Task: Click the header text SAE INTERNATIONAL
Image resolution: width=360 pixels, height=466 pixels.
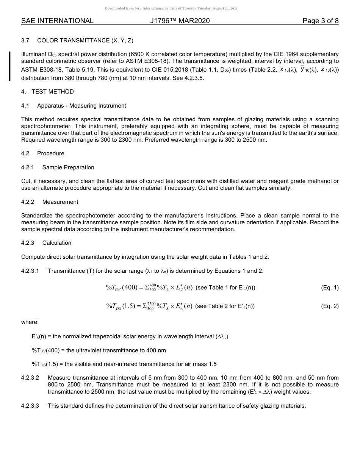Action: [x=57, y=21]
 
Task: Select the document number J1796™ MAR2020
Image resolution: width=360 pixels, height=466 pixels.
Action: [x=180, y=21]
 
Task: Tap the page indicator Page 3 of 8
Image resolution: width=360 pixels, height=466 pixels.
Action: [x=320, y=21]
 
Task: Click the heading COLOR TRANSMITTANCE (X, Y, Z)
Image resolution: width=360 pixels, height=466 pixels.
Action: [x=85, y=41]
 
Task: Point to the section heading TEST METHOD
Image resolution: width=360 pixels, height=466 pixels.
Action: [x=53, y=92]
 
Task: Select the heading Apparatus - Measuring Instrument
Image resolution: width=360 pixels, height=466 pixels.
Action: [x=81, y=106]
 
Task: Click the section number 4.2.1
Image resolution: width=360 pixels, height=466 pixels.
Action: [x=28, y=167]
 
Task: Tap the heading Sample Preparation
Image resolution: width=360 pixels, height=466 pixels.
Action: [x=68, y=167]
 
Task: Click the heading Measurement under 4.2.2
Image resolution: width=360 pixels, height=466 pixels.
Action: [x=60, y=202]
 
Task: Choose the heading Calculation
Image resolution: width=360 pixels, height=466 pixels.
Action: [x=57, y=243]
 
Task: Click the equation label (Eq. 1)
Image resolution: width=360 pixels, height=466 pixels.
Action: [x=330, y=288]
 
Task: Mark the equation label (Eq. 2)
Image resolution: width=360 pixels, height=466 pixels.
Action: [x=330, y=306]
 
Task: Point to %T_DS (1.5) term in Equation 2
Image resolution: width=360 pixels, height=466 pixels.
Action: [x=121, y=306]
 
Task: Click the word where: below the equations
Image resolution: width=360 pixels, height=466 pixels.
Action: [x=30, y=322]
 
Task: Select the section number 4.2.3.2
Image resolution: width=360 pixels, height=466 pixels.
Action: [x=30, y=378]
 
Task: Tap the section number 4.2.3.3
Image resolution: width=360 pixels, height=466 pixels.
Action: [x=30, y=406]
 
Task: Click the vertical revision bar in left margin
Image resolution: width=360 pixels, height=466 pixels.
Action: [x=10, y=66]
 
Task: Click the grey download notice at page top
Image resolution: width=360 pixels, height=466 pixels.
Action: [x=171, y=8]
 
